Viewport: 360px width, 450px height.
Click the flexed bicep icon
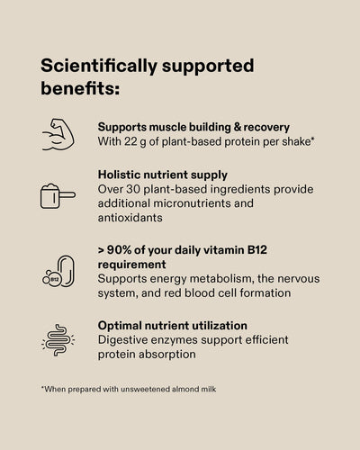58,135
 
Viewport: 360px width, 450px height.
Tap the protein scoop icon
58,196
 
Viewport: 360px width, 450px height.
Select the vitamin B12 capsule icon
58,271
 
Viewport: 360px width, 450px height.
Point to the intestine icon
58,340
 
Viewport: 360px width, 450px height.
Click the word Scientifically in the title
99,66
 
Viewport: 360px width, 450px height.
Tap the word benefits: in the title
80,88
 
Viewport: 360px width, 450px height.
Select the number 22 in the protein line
130,141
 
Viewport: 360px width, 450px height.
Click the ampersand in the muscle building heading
238,127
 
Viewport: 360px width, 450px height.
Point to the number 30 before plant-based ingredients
133,189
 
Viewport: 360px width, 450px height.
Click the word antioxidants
130,218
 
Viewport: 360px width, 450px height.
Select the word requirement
132,265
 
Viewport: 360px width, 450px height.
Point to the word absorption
167,355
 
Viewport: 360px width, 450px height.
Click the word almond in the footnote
183,389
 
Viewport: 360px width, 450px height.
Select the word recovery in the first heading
266,128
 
